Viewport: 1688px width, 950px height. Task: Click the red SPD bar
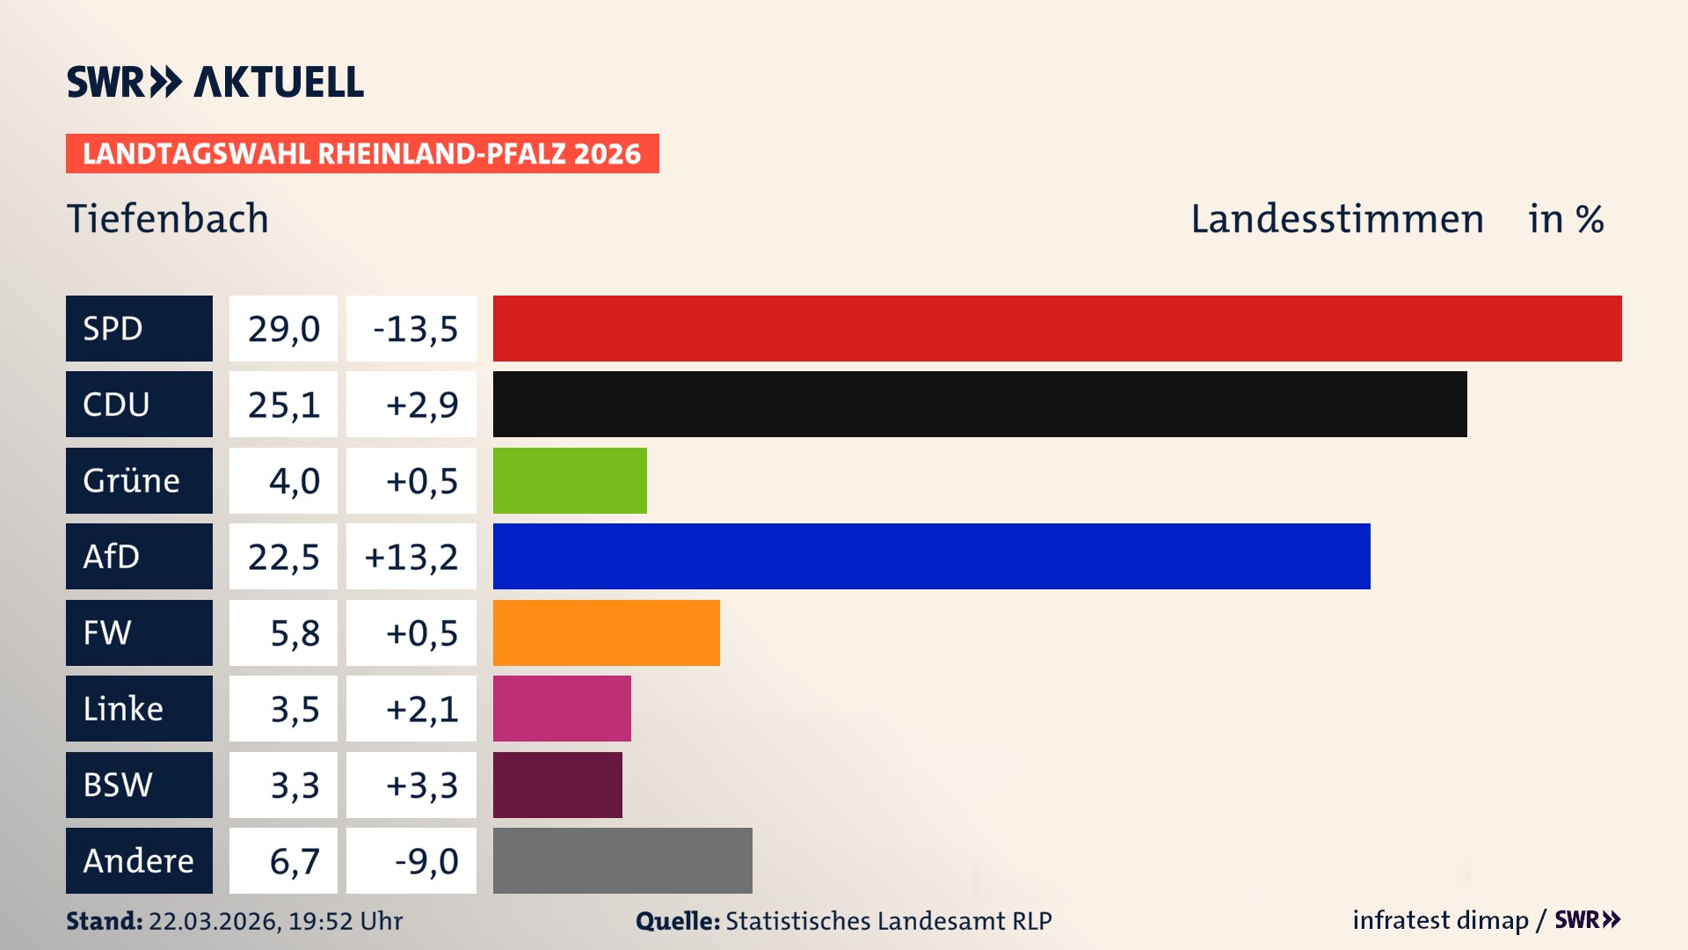click(1057, 328)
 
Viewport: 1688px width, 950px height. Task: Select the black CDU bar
click(979, 405)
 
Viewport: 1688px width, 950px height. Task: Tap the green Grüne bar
click(570, 480)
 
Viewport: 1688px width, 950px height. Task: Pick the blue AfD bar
click(931, 557)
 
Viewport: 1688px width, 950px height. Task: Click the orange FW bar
click(606, 632)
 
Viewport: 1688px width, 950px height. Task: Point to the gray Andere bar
click(622, 860)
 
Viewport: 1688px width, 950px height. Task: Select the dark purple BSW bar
click(557, 785)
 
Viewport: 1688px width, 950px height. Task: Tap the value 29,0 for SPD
click(283, 329)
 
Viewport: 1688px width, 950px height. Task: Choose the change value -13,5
click(415, 329)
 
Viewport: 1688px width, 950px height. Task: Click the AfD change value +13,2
click(411, 557)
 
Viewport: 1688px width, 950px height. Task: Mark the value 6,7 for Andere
click(294, 861)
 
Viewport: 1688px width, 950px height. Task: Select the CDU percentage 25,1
click(283, 405)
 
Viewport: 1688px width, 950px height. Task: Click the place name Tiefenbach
click(168, 219)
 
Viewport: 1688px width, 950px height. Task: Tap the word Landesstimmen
click(1336, 219)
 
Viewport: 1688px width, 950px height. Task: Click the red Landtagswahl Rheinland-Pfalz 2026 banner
click(362, 154)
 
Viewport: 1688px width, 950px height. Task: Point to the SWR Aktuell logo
click(215, 82)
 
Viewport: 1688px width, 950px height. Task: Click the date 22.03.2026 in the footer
click(214, 921)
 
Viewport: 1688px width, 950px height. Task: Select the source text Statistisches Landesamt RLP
click(888, 921)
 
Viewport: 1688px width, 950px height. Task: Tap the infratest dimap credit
click(1440, 920)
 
